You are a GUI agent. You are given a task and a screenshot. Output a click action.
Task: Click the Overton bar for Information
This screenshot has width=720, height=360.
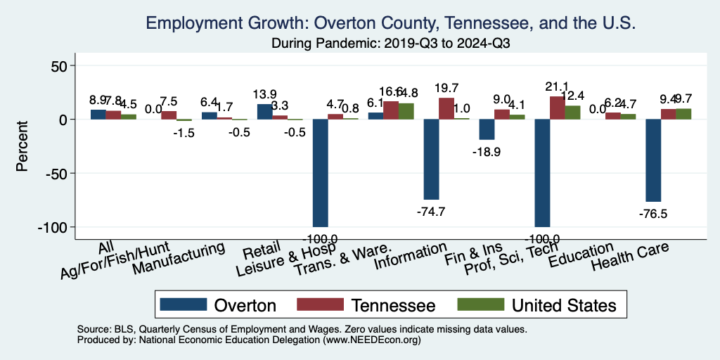tap(431, 159)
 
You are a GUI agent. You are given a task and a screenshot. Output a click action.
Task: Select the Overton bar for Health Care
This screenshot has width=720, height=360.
tap(653, 160)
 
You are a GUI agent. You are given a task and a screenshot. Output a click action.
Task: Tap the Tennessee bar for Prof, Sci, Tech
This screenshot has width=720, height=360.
tap(558, 108)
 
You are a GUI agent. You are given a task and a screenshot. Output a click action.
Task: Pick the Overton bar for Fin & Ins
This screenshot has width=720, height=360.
tap(487, 129)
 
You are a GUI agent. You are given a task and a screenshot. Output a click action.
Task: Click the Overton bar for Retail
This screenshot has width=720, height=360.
tap(264, 112)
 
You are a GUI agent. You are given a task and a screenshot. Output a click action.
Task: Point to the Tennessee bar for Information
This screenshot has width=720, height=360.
tap(446, 108)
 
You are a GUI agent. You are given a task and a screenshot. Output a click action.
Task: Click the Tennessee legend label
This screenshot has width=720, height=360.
tap(394, 305)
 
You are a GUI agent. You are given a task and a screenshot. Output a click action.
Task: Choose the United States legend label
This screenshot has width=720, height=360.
tap(563, 305)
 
